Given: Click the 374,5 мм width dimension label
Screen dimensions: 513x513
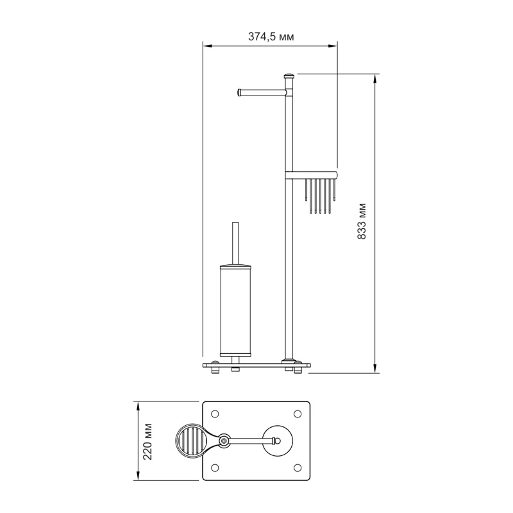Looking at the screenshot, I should [271, 37].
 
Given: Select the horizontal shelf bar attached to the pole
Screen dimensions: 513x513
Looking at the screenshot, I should [312, 174].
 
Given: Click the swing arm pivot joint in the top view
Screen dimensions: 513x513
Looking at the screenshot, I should [224, 441].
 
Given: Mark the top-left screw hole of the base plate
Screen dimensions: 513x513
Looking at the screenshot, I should [215, 414].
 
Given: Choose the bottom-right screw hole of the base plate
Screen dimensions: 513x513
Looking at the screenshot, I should [298, 467].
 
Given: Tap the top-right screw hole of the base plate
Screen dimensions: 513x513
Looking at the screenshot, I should [298, 414].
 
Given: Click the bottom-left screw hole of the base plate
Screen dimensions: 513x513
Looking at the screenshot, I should [215, 467].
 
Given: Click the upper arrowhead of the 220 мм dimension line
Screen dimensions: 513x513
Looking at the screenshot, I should [137, 405].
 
